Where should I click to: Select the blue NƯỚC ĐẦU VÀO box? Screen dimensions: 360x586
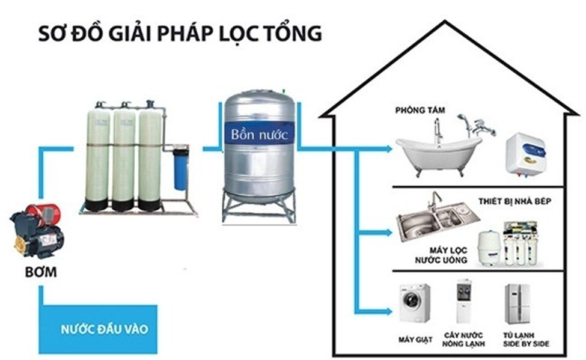[99, 329]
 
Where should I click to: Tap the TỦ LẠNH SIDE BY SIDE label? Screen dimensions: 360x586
[518, 340]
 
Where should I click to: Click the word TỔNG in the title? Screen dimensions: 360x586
[293, 34]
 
